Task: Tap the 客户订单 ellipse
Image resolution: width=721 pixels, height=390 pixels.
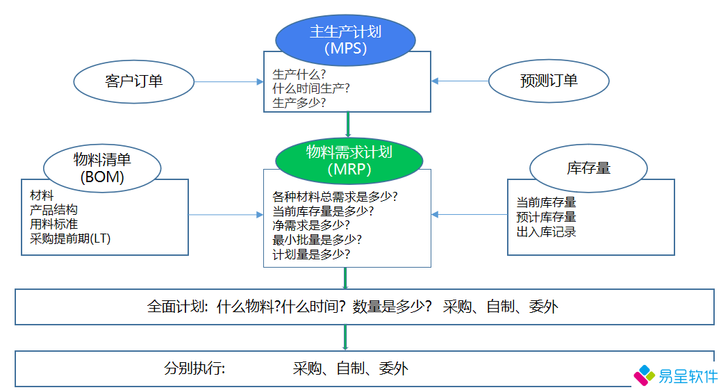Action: tap(134, 81)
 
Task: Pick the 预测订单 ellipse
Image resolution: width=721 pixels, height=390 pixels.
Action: tap(549, 81)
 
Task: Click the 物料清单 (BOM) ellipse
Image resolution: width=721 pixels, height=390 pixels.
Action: tap(102, 168)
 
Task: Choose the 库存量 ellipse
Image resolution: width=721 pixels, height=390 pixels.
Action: tap(588, 168)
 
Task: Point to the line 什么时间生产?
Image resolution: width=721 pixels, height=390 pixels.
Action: tap(310, 88)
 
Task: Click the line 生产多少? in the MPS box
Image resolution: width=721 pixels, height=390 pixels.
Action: tap(299, 103)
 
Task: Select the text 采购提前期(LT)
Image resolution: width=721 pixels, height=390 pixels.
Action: tap(70, 238)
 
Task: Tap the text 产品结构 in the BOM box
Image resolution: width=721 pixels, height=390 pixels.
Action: tap(53, 210)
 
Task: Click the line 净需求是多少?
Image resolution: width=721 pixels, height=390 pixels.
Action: tap(310, 225)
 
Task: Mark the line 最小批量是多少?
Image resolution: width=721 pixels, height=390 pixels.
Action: tap(317, 240)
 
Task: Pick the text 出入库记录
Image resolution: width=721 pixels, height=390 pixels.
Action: tap(546, 231)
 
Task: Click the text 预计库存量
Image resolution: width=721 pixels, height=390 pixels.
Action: tap(546, 217)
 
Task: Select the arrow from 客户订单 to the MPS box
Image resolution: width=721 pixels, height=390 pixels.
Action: tap(229, 82)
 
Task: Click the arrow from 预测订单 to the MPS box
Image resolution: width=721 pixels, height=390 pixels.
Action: tap(460, 81)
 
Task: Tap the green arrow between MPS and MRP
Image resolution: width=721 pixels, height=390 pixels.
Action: tap(347, 124)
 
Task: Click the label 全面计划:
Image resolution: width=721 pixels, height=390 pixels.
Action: tap(176, 307)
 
